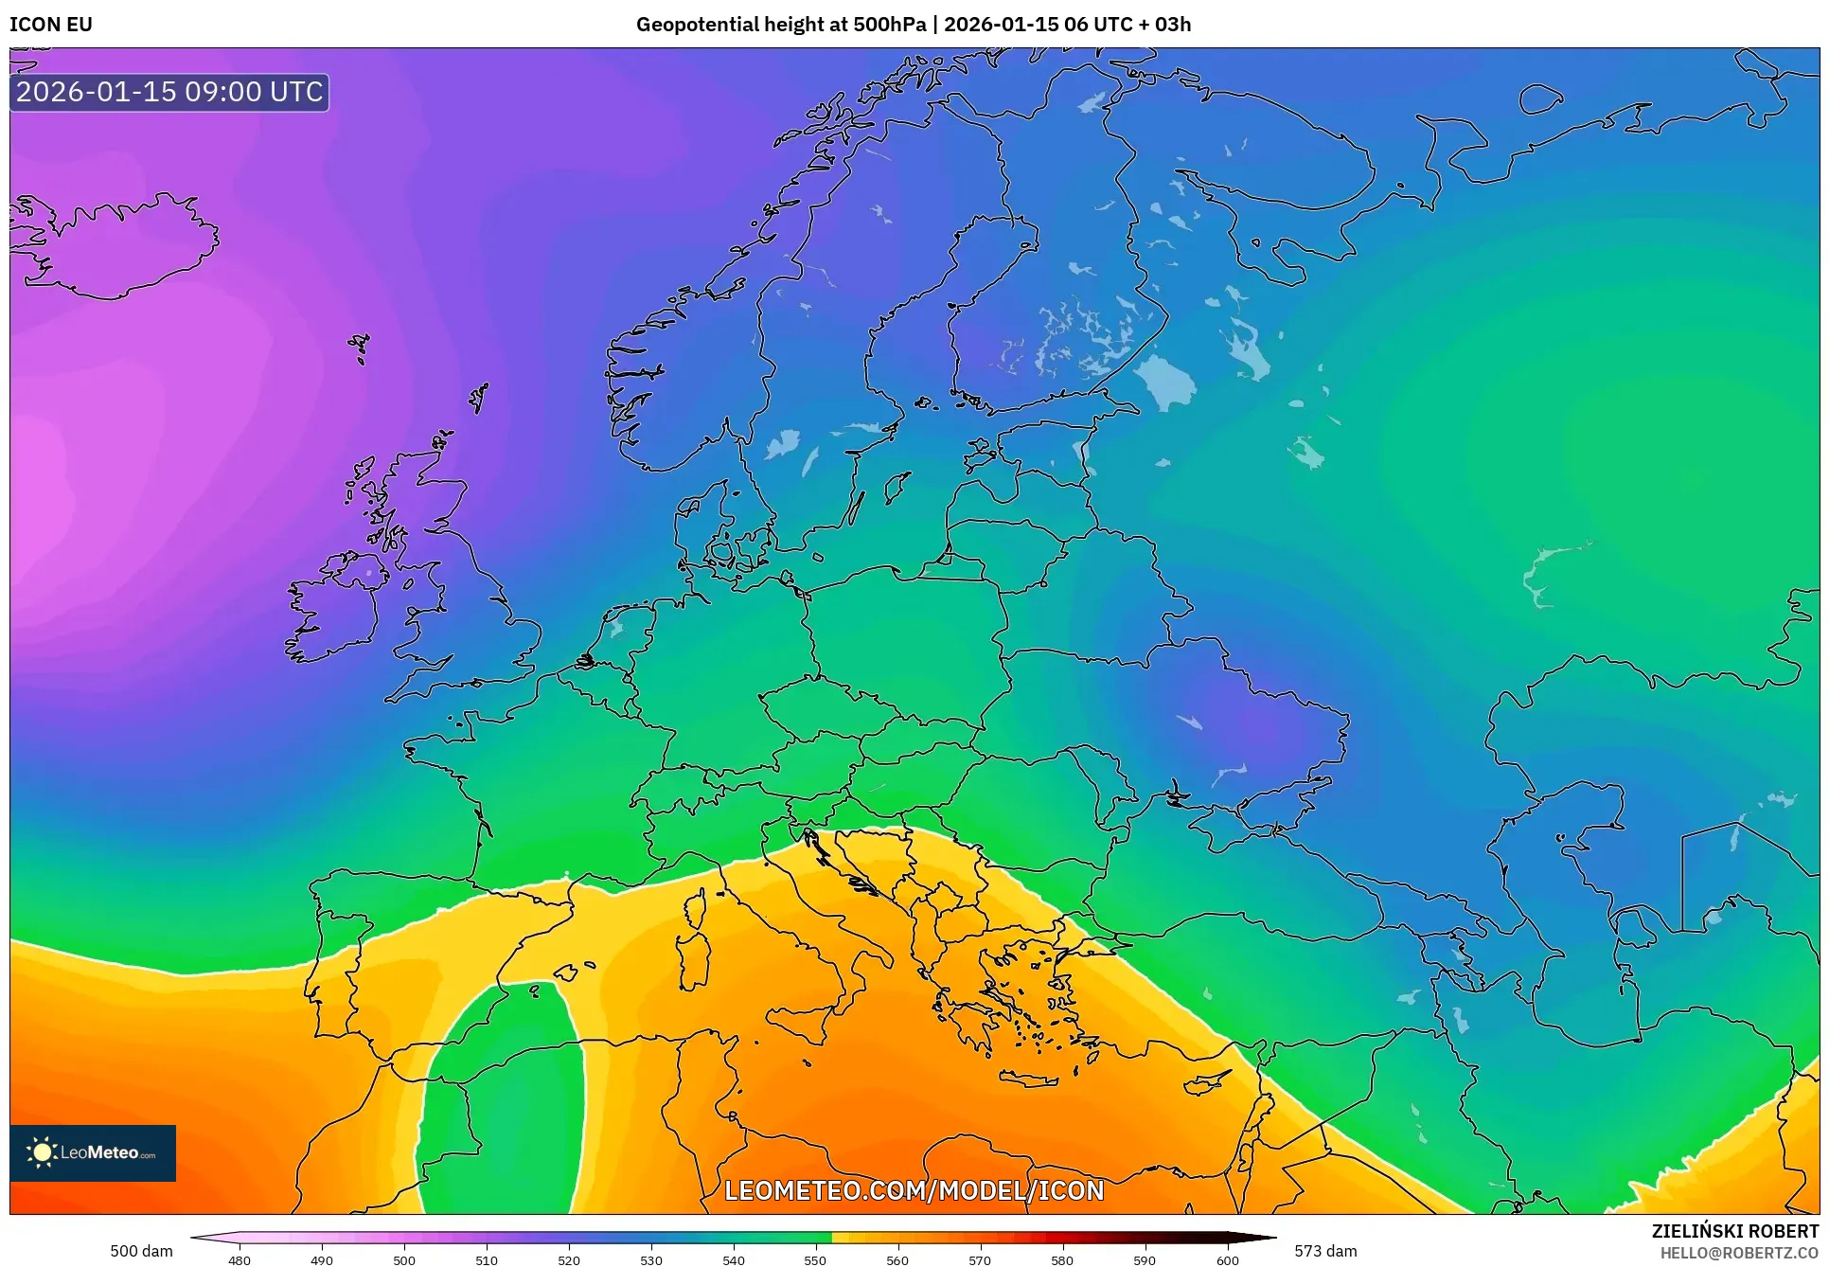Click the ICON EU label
pos(51,25)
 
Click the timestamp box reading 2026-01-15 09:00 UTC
pos(169,92)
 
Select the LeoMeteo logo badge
pos(93,1152)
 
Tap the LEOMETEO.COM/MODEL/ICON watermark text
pos(914,1190)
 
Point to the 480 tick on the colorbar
pos(240,1259)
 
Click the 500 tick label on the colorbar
pos(404,1259)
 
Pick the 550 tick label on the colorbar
pos(815,1259)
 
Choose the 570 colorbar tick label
pos(980,1259)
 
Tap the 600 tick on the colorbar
pos(1227,1259)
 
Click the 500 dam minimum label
pos(141,1251)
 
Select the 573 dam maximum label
pos(1325,1251)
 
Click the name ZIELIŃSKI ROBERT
pos(1734,1231)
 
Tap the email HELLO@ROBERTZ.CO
pos(1738,1253)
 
